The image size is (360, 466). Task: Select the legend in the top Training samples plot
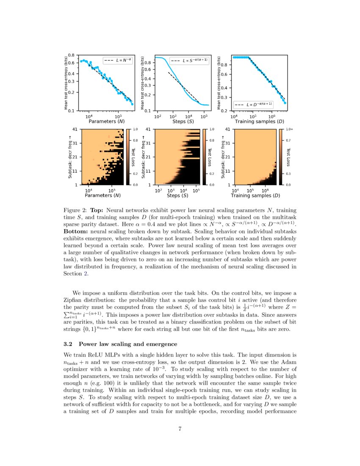(x=254, y=104)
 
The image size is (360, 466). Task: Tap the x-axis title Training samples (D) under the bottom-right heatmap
(x=255, y=196)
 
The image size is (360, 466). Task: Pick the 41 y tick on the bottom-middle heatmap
(x=148, y=129)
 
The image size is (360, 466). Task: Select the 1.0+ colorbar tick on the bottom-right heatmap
(x=289, y=129)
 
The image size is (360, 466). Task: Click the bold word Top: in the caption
(x=97, y=210)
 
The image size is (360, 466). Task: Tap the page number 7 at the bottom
(x=180, y=429)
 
